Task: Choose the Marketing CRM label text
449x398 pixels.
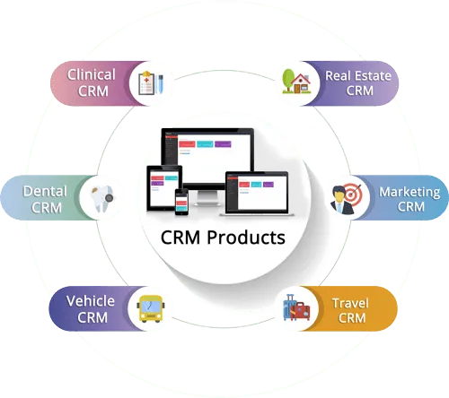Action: pyautogui.click(x=409, y=199)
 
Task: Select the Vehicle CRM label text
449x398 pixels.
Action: pyautogui.click(x=90, y=308)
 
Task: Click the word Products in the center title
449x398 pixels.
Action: pyautogui.click(x=249, y=239)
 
